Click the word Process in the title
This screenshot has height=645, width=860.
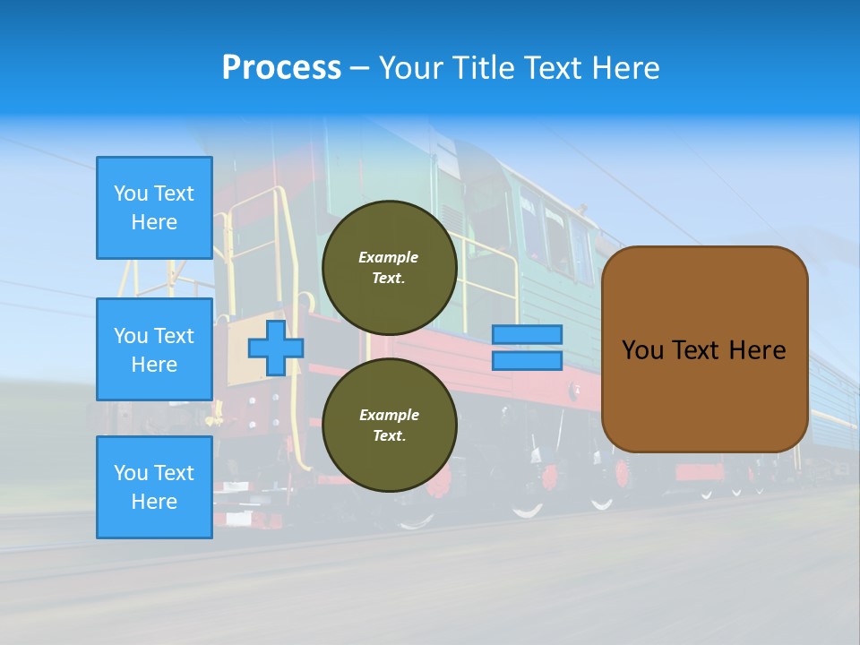(281, 68)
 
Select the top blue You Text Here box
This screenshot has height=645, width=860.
(154, 208)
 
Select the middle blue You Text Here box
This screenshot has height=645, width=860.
(154, 349)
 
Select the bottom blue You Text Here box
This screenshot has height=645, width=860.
(154, 487)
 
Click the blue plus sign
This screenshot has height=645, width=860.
(275, 348)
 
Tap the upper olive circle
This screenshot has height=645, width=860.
(389, 268)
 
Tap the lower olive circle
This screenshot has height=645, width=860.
(389, 426)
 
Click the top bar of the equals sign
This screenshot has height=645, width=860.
(527, 334)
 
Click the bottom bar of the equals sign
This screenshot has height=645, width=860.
(527, 361)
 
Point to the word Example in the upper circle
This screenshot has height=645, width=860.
(388, 257)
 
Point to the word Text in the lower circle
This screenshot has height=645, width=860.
(388, 436)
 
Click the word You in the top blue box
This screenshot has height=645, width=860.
(130, 193)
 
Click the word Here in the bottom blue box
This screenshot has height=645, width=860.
(154, 502)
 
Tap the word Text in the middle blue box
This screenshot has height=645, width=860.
(174, 336)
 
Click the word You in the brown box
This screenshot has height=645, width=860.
(641, 350)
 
